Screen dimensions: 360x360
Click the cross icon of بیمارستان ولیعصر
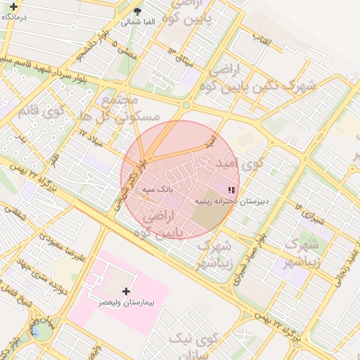(x=127, y=290)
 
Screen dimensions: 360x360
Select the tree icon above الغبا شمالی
(x=138, y=11)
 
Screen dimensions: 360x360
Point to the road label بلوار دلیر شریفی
(x=139, y=179)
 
